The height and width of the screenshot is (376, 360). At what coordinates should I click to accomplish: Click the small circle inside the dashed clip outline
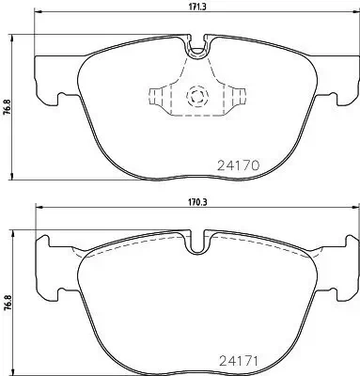(x=197, y=95)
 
